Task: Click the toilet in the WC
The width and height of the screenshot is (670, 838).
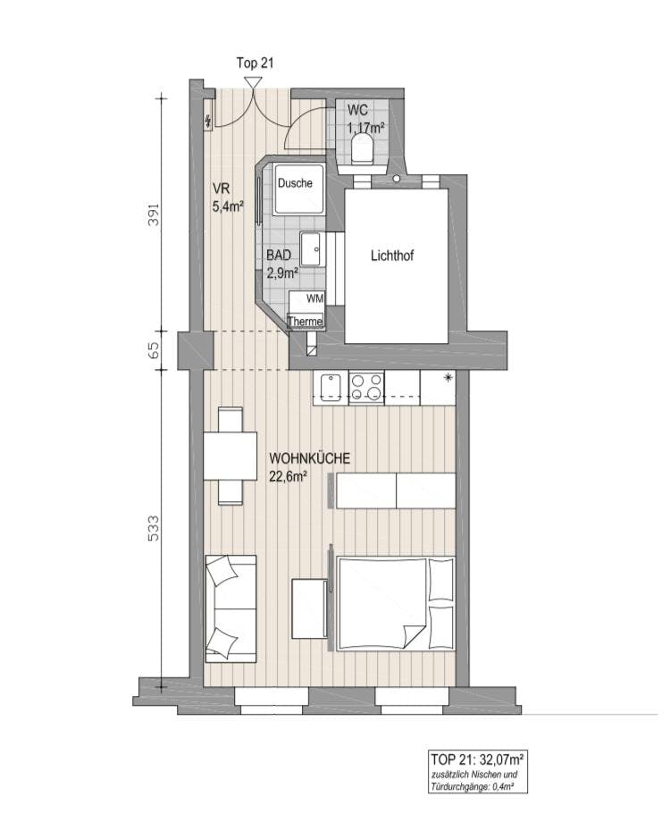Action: (x=363, y=149)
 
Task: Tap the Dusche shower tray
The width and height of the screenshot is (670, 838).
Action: (x=298, y=189)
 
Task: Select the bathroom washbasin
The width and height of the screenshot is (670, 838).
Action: (x=313, y=249)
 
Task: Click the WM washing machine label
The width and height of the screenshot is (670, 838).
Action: (x=315, y=298)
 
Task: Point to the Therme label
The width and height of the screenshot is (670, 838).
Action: (x=306, y=322)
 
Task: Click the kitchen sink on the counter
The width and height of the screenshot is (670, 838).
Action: (x=331, y=388)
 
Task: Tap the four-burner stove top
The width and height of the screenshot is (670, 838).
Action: (x=366, y=388)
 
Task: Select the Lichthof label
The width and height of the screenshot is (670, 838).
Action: (x=392, y=256)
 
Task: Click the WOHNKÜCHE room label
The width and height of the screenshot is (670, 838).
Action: (x=310, y=458)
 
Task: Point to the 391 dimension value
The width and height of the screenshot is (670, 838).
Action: (x=154, y=214)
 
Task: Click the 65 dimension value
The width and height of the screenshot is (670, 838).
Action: (x=154, y=350)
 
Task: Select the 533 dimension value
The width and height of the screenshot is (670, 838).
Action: (x=154, y=528)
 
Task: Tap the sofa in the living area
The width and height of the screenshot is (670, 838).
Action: (x=230, y=608)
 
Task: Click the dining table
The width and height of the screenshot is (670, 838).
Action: (x=230, y=456)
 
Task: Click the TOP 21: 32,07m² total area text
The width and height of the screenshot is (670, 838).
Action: (x=476, y=758)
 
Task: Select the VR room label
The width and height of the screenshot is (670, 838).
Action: (x=221, y=189)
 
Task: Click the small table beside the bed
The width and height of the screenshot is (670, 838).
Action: (x=309, y=608)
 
